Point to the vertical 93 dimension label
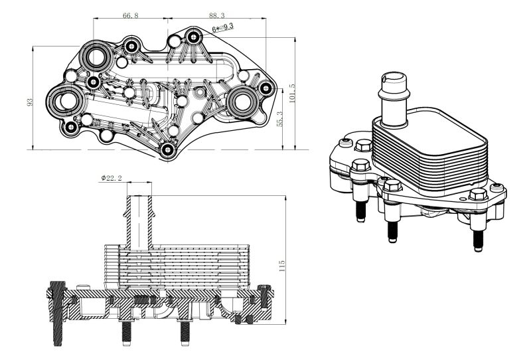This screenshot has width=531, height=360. pyautogui.click(x=29, y=102)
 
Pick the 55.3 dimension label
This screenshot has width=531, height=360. pyautogui.click(x=279, y=119)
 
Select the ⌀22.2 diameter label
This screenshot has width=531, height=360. pyautogui.click(x=112, y=178)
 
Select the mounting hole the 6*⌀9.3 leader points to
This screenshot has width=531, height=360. pyautogui.click(x=193, y=37)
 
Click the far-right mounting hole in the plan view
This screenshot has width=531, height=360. pyautogui.click(x=265, y=87)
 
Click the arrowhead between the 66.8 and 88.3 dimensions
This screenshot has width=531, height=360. pyautogui.click(x=173, y=19)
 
